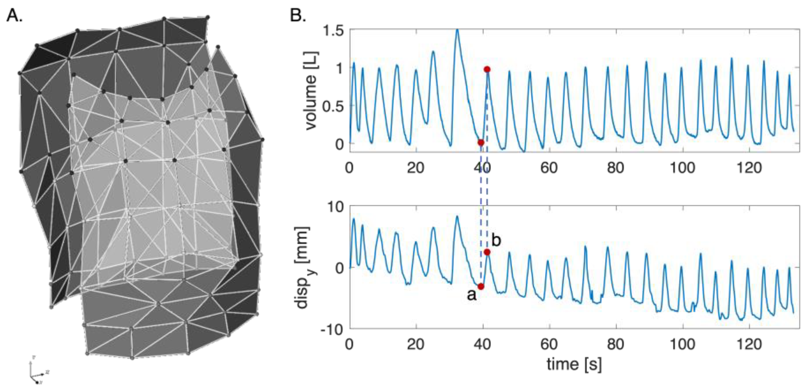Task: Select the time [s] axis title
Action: (574, 364)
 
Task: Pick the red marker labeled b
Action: (487, 252)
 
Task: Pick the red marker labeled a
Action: (481, 286)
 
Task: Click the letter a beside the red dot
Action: (472, 295)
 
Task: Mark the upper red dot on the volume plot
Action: (487, 69)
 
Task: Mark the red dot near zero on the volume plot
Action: (481, 143)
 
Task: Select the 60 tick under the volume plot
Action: (549, 168)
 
